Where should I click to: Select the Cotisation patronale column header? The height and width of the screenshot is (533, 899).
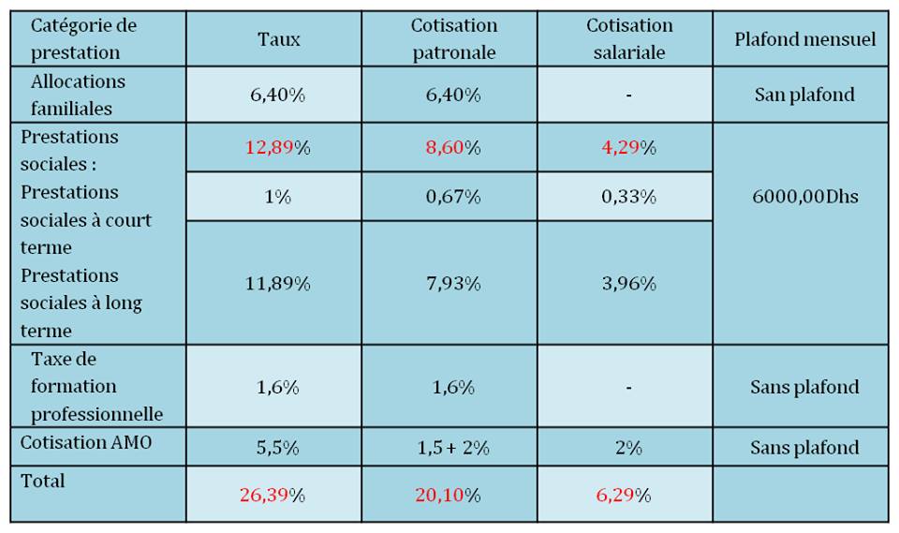pos(453,39)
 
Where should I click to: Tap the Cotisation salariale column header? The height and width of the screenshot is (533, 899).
pos(628,39)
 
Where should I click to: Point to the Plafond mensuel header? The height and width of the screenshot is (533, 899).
pos(804,39)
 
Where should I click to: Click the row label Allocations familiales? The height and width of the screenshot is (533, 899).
pos(78,95)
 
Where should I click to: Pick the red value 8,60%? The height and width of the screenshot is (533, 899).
pos(453,148)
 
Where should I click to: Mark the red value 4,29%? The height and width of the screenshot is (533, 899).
pos(628,148)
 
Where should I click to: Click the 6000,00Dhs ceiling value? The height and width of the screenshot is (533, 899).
pos(804,198)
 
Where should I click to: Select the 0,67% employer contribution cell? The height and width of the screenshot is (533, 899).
pos(453,198)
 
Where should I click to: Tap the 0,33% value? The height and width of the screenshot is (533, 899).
pos(628,198)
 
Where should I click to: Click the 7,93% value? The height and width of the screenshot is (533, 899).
pos(453,283)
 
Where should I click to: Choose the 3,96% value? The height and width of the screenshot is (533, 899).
pos(628,283)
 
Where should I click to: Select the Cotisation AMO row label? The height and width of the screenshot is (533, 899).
pos(85,442)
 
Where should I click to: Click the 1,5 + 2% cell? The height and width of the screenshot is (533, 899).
pos(453,448)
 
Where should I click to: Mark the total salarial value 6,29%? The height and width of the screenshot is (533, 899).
pos(624,496)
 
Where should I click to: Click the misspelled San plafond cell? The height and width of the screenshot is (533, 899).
pos(804,95)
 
